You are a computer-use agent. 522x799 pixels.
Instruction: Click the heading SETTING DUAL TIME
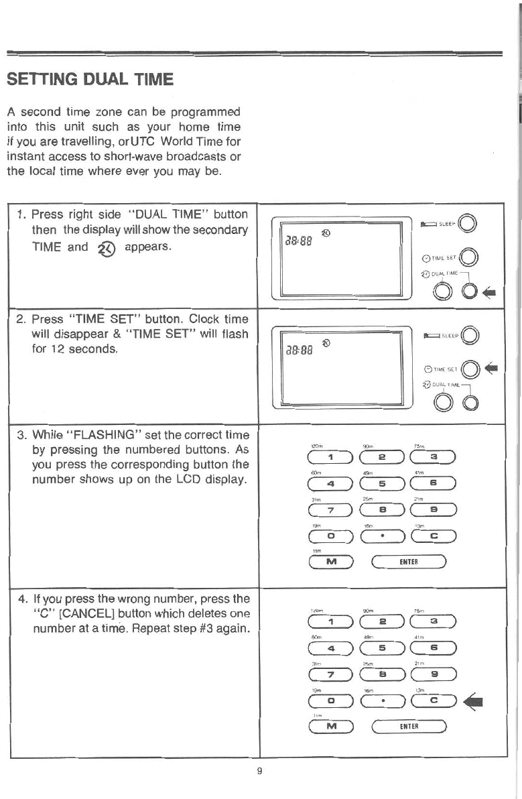[90, 80]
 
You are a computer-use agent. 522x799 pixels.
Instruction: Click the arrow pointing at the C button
[478, 699]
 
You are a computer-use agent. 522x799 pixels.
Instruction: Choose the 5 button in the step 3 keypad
[382, 483]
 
